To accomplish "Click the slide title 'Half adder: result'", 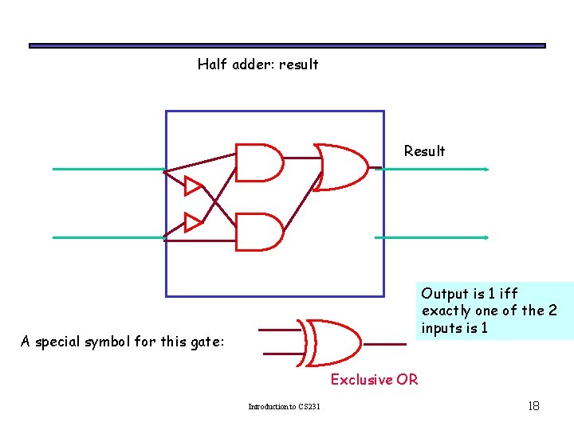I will tap(258, 64).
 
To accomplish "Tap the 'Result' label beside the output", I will tap(424, 151).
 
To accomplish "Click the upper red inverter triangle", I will tap(193, 186).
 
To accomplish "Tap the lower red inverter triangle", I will tap(193, 221).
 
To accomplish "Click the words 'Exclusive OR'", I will tap(374, 380).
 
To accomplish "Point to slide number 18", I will tap(533, 406).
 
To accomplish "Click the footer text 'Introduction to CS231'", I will tap(284, 407).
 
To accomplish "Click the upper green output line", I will tap(434, 169).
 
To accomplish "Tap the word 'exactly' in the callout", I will tap(447, 311).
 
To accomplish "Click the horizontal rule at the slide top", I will tap(287, 46).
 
